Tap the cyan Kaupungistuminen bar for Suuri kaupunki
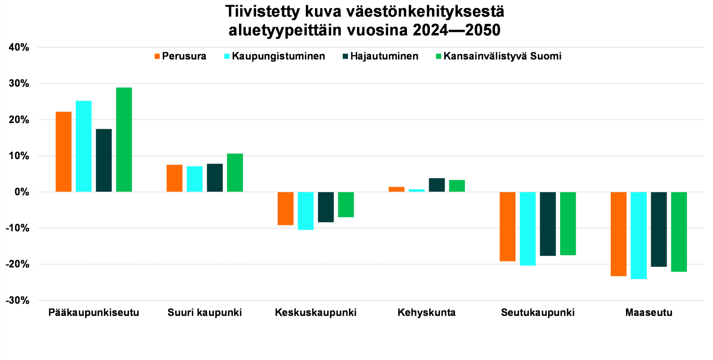point(195,179)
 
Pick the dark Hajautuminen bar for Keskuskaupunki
point(326,207)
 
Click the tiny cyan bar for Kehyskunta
point(417,190)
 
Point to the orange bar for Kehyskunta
point(396,189)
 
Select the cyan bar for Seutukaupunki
point(528,229)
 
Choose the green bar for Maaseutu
point(679,232)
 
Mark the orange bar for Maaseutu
point(618,234)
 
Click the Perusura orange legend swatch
point(157,56)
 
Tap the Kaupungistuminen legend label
point(278,56)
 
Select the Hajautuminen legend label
point(384,56)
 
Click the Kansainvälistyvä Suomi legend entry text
point(502,56)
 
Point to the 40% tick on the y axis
point(19,48)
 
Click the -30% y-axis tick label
point(17,300)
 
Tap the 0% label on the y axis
point(22,192)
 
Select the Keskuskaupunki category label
point(316,312)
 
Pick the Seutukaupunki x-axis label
point(538,312)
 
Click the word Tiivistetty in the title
point(262,12)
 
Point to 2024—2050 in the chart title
point(456,30)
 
